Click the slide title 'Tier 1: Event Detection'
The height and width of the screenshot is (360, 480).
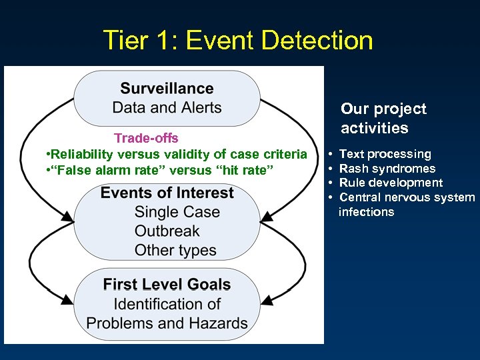238,41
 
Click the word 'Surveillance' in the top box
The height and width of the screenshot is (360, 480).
167,89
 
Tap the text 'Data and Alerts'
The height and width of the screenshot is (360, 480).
167,107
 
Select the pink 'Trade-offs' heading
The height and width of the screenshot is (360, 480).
146,138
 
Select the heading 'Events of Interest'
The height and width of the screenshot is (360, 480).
167,193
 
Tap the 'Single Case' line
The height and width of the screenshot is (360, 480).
177,212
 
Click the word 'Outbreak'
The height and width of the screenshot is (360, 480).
167,231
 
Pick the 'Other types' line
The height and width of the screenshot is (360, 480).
175,251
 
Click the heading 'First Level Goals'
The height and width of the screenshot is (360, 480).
167,285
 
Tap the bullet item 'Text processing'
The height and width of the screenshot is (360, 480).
385,154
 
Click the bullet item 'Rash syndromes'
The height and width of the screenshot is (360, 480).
387,169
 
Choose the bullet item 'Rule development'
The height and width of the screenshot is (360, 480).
391,183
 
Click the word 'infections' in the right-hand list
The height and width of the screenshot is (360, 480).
367,212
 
